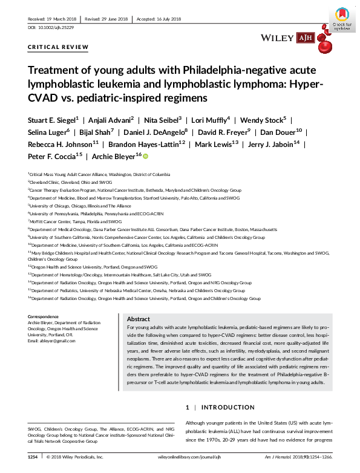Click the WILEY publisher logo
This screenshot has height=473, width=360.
point(277,38)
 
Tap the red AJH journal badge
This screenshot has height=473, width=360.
point(304,38)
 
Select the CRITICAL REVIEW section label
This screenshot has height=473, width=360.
point(59,47)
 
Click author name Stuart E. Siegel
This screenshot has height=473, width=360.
point(51,120)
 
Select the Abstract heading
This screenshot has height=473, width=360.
point(139,319)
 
